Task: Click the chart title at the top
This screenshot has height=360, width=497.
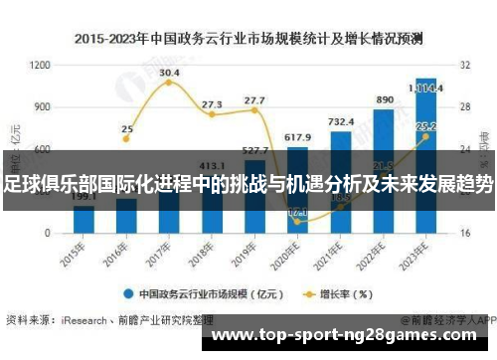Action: point(248,40)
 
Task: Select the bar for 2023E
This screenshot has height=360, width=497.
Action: point(425,149)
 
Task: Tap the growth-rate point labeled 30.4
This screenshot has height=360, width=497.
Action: point(169,83)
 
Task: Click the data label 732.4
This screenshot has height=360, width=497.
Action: point(341,121)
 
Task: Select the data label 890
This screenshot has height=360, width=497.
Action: point(384,100)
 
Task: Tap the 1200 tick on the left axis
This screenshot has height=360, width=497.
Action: point(41,65)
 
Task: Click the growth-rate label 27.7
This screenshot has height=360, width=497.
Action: point(254,100)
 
